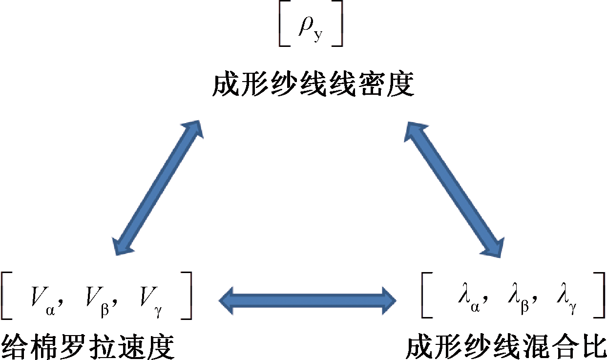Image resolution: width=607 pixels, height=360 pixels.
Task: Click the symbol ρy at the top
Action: point(311,30)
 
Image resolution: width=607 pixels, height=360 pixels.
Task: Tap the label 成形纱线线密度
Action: point(313,84)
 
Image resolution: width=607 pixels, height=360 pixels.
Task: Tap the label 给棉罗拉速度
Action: point(88,346)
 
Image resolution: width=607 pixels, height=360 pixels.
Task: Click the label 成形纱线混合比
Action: point(505,346)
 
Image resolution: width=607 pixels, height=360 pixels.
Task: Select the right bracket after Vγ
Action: point(187,296)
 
